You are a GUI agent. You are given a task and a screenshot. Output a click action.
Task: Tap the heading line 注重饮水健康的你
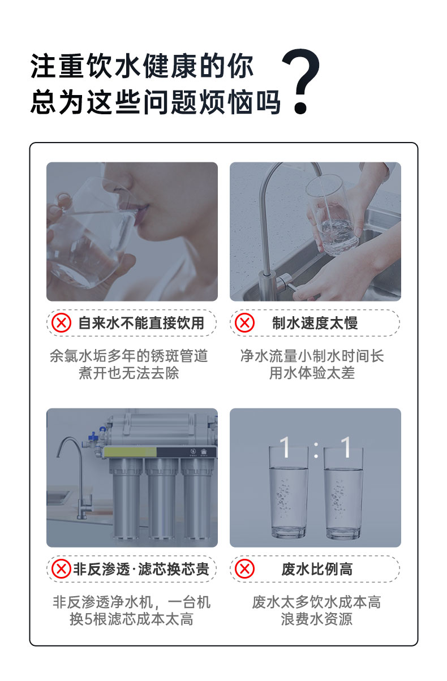click(x=142, y=67)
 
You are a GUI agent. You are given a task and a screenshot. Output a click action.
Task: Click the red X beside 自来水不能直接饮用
click(x=61, y=323)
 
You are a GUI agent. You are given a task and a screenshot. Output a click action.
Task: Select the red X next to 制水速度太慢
click(x=244, y=323)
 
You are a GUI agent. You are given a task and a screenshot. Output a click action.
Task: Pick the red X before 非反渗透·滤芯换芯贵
click(x=61, y=569)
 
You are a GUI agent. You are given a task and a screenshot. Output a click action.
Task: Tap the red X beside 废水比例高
click(x=244, y=569)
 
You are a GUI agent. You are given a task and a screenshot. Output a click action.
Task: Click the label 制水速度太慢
click(x=315, y=323)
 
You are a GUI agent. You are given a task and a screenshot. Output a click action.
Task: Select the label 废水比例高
click(x=317, y=569)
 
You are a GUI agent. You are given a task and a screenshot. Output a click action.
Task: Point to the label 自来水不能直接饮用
click(x=140, y=323)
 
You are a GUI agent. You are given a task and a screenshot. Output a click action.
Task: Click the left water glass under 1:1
click(x=289, y=492)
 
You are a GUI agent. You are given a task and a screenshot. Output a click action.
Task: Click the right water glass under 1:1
click(x=343, y=492)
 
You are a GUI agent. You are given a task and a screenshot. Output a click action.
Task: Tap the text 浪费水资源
click(x=316, y=619)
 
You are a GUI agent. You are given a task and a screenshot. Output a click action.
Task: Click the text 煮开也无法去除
click(x=128, y=373)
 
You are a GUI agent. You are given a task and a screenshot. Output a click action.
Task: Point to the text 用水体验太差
click(x=312, y=373)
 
